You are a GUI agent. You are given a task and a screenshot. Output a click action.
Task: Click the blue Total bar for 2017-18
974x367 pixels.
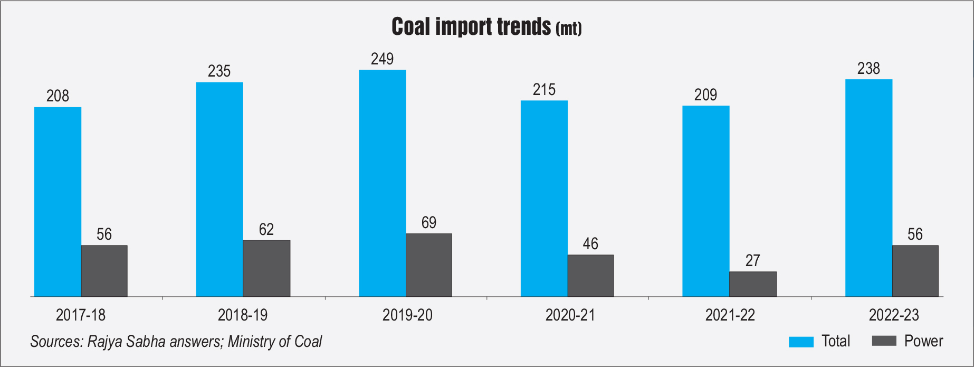pyautogui.click(x=58, y=202)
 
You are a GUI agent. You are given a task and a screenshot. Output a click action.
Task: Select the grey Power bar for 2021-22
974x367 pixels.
pyautogui.click(x=752, y=284)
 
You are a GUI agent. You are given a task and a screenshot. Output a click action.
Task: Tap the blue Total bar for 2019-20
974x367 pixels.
pyautogui.click(x=382, y=183)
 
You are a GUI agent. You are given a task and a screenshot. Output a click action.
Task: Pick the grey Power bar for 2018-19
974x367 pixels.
pyautogui.click(x=266, y=268)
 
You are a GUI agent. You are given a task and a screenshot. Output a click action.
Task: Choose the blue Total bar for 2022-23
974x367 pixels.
pyautogui.click(x=868, y=188)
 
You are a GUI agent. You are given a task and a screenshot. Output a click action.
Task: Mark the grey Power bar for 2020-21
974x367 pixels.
pyautogui.click(x=590, y=276)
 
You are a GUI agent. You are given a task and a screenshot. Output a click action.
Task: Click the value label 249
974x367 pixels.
pyautogui.click(x=382, y=59)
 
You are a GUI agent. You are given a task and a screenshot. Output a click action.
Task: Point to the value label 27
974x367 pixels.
pyautogui.click(x=752, y=260)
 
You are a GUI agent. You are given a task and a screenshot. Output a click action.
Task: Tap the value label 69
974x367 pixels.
pyautogui.click(x=428, y=222)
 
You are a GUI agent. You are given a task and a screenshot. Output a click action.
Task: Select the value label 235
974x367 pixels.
pyautogui.click(x=219, y=71)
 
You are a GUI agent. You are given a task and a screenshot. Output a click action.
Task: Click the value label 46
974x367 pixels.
pyautogui.click(x=590, y=243)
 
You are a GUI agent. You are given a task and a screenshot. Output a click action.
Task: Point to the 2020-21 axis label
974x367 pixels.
pyautogui.click(x=570, y=315)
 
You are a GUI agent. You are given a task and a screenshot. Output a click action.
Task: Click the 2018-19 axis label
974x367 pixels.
pyautogui.click(x=242, y=315)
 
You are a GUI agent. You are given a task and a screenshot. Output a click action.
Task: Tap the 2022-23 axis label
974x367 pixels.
pyautogui.click(x=894, y=315)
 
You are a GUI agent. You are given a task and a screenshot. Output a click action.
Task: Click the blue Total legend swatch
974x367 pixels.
pyautogui.click(x=801, y=342)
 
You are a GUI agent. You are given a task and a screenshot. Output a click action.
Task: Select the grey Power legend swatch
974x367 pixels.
pyautogui.click(x=884, y=341)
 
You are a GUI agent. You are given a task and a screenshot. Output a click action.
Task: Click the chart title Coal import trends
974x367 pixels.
pyautogui.click(x=471, y=26)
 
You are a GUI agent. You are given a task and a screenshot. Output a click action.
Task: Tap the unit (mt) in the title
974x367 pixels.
pyautogui.click(x=568, y=29)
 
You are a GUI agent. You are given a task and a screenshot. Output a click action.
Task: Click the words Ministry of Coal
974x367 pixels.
pyautogui.click(x=275, y=342)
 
